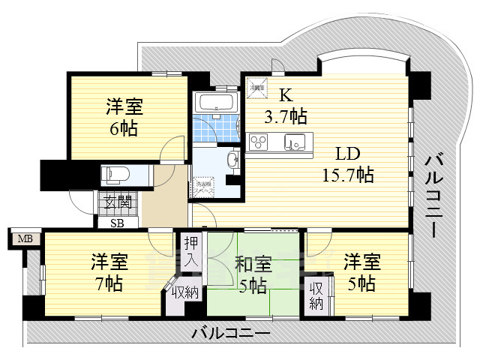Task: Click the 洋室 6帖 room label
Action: pos(124,118)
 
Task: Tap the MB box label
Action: pos(25,239)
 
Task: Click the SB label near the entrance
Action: pos(118,222)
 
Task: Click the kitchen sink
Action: pos(294,140)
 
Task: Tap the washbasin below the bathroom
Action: pos(232,160)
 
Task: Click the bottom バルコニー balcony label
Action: pos(230,331)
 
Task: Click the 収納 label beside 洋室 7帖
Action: pos(183,292)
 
